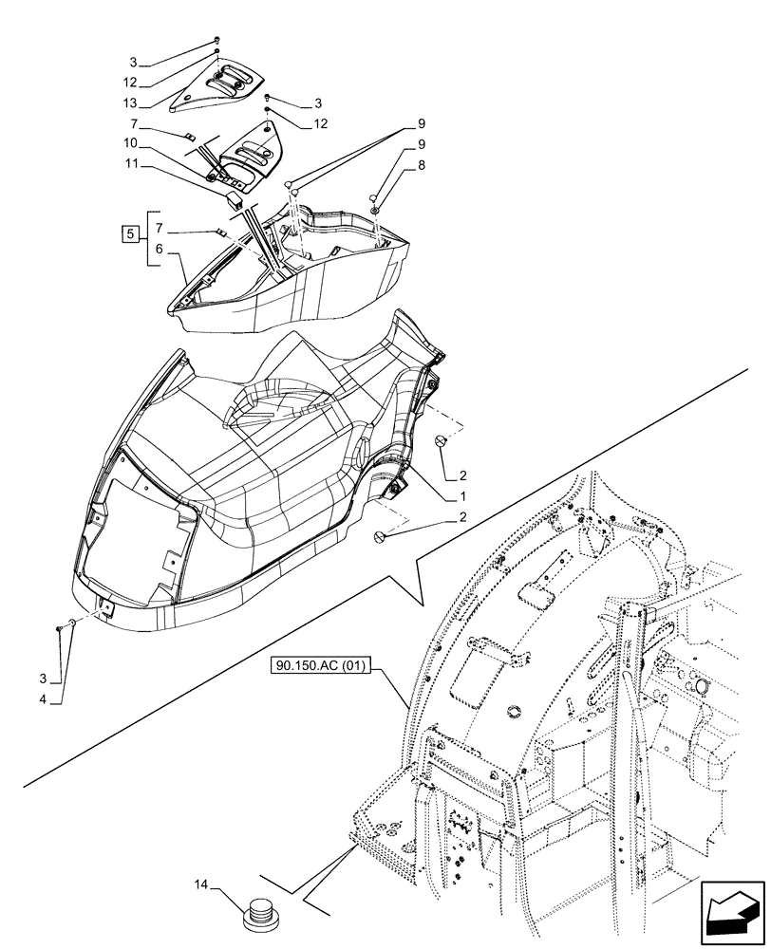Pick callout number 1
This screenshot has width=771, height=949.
click(462, 496)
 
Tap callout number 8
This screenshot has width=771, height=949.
click(422, 163)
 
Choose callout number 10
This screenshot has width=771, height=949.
click(130, 143)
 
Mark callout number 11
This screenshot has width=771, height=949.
click(130, 164)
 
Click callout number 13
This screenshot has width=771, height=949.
click(130, 102)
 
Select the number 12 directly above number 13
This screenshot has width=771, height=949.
click(130, 83)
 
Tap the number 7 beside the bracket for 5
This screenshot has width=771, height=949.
click(159, 228)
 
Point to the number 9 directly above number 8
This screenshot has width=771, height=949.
click(422, 144)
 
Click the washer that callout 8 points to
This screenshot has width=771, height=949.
click(377, 208)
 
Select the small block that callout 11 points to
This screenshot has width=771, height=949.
click(234, 199)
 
